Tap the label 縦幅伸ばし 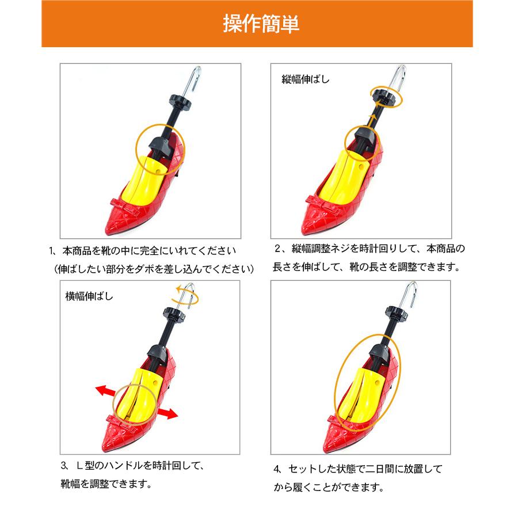tap(306, 79)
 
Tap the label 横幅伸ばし tap(90, 297)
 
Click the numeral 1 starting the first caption tap(51, 252)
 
